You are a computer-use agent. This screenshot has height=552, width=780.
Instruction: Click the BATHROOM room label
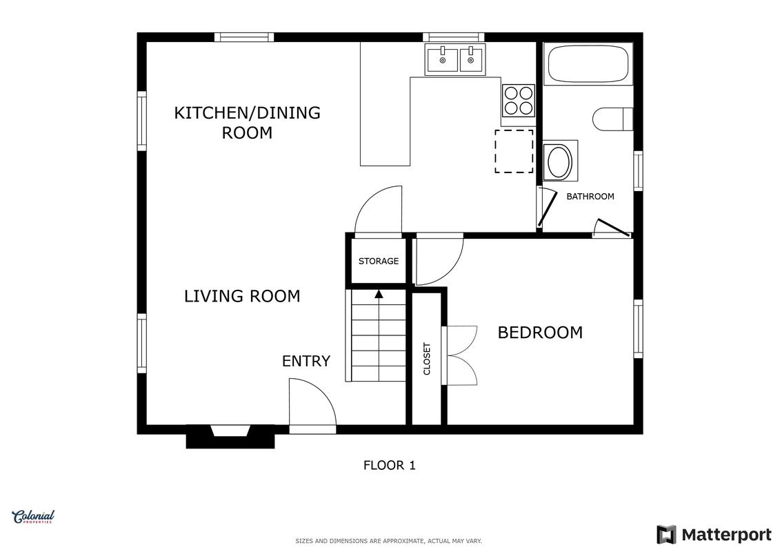pyautogui.click(x=590, y=197)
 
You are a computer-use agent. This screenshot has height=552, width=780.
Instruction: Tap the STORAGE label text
pyautogui.click(x=379, y=261)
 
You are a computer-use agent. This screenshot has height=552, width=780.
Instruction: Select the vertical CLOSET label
pyautogui.click(x=427, y=358)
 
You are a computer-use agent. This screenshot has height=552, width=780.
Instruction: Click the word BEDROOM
pyautogui.click(x=540, y=333)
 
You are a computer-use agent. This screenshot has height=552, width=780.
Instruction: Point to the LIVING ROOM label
pyautogui.click(x=242, y=296)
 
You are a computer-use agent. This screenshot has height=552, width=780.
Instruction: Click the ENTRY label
pyautogui.click(x=306, y=361)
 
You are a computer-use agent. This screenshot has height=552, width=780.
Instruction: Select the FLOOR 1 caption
pyautogui.click(x=390, y=465)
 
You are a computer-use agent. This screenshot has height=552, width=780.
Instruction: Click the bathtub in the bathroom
pyautogui.click(x=588, y=64)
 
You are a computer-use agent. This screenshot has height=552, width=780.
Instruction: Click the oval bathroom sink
pyautogui.click(x=560, y=161)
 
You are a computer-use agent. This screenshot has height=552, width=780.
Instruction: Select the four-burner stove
pyautogui.click(x=519, y=101)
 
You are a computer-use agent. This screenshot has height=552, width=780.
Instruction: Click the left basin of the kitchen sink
pyautogui.click(x=442, y=59)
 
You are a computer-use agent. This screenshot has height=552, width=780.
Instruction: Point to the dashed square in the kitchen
pyautogui.click(x=514, y=151)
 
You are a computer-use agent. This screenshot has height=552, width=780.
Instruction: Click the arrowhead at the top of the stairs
pyautogui.click(x=379, y=294)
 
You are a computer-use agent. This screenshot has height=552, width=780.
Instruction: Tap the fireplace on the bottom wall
pyautogui.click(x=230, y=436)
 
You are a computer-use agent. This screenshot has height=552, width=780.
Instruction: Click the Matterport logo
pyautogui.click(x=714, y=535)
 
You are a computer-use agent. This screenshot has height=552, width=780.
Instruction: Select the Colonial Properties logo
pyautogui.click(x=33, y=517)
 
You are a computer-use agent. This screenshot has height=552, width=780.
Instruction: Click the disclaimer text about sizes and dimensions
pyautogui.click(x=388, y=541)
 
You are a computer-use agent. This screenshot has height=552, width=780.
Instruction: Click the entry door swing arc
pyautogui.click(x=322, y=393)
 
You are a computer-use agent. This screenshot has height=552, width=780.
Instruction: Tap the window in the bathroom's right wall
pyautogui.click(x=638, y=170)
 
